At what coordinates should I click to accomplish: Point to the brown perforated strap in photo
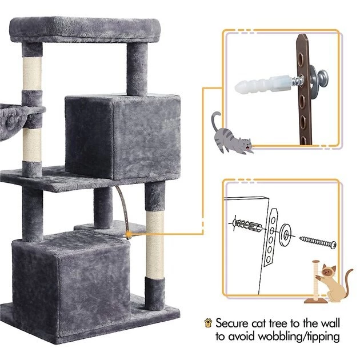pyautogui.click(x=302, y=103)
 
